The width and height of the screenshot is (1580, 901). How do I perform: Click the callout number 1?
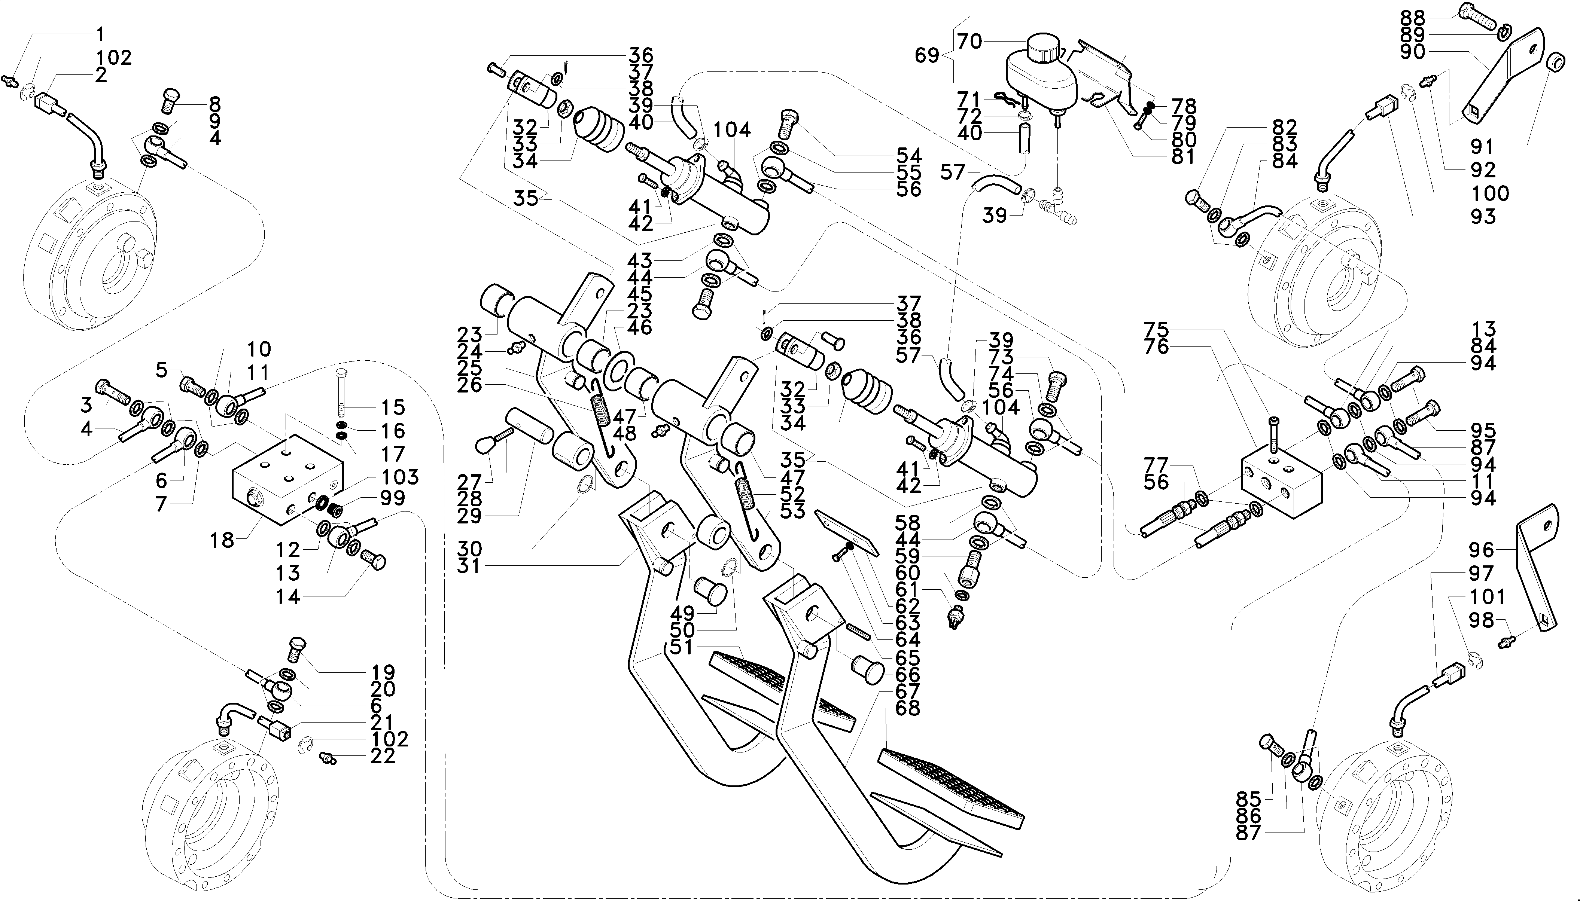pos(101,34)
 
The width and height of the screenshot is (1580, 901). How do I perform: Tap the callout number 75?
pos(1156,329)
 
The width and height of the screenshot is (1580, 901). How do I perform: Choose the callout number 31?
pos(469,566)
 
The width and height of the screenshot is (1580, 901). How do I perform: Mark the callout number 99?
pos(392,498)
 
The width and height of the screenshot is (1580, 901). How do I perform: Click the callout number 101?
pos(1487,596)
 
